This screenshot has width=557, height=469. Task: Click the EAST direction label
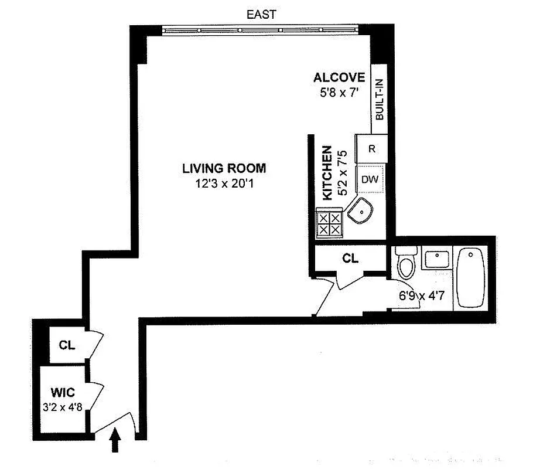[x=261, y=13]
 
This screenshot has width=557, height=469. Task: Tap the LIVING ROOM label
[x=224, y=168]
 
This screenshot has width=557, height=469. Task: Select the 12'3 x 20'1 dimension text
[x=224, y=183]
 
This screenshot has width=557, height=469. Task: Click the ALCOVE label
[x=339, y=77]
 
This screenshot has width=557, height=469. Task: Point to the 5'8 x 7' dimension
[x=339, y=91]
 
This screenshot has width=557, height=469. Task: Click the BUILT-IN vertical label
[x=379, y=100]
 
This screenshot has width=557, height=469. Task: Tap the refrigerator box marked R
[x=371, y=148]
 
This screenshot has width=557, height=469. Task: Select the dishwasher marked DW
[x=370, y=179]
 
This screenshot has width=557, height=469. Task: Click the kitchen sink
[x=361, y=212]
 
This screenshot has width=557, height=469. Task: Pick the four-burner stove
[x=329, y=223]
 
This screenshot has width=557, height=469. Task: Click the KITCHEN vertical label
[x=327, y=174]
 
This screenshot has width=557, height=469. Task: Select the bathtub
[x=470, y=277]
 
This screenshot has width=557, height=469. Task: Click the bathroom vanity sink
[x=436, y=259]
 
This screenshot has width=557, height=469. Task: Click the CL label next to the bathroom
[x=350, y=258]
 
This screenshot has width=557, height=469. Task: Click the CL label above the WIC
[x=67, y=345]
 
